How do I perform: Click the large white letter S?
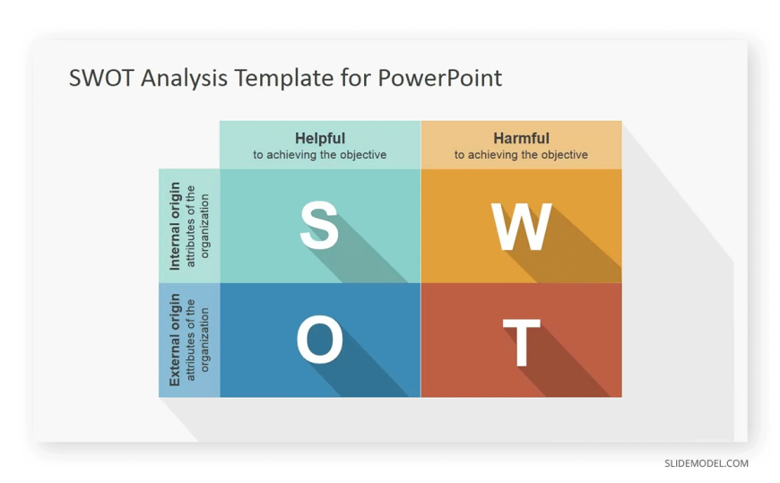[x=319, y=225]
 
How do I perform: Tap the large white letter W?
[x=521, y=227]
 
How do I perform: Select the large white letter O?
[x=320, y=340]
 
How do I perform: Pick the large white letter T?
[x=521, y=342]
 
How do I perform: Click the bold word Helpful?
[x=320, y=138]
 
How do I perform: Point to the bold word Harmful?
[x=521, y=138]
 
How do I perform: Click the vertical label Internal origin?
[x=175, y=227]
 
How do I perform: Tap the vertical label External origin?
[x=175, y=340]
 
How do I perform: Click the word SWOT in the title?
[x=101, y=78]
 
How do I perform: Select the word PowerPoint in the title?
[x=439, y=78]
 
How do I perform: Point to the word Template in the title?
[x=284, y=79]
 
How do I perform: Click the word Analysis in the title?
[x=184, y=79]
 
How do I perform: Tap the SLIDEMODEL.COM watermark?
[x=706, y=463]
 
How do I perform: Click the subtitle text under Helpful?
[x=320, y=155]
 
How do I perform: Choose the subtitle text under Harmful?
[x=521, y=155]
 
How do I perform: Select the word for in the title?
[x=356, y=78]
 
